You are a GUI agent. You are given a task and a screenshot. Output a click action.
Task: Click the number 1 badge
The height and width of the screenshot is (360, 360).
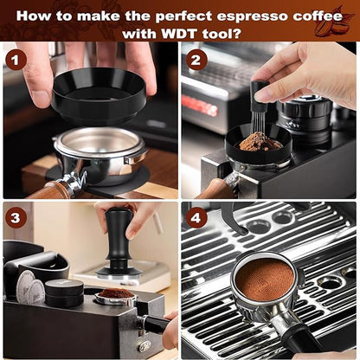[x=16, y=60]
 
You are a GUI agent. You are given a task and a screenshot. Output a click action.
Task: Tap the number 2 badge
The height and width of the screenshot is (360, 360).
[x=196, y=60]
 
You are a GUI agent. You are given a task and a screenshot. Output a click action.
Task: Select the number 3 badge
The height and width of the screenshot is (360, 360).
[x=16, y=217]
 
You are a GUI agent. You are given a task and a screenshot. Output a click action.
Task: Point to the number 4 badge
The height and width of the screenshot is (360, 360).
[x=196, y=217]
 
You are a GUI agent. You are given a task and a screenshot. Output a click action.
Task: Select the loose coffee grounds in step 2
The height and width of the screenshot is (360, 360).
[x=260, y=141]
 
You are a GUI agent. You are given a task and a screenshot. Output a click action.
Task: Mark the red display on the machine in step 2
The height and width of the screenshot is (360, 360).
[x=198, y=106]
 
